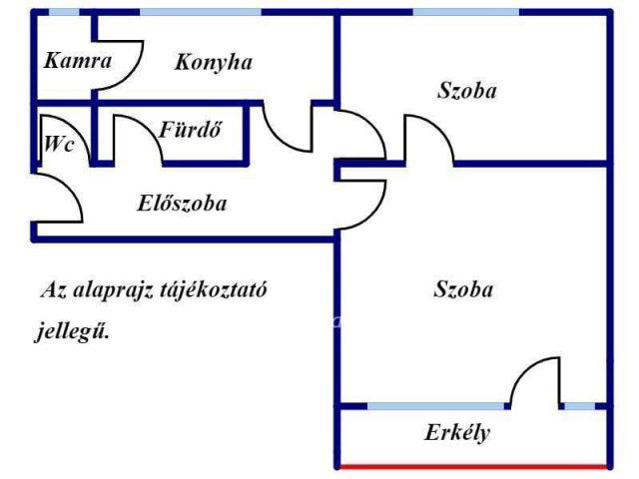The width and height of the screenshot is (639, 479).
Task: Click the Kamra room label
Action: pyautogui.click(x=78, y=60)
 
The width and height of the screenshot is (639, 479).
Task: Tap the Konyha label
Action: pyautogui.click(x=214, y=62)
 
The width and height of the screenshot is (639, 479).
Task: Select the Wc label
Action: pyautogui.click(x=57, y=143)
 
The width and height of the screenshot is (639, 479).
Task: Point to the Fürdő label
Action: pyautogui.click(x=189, y=130)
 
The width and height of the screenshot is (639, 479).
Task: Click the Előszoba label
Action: pyautogui.click(x=182, y=204)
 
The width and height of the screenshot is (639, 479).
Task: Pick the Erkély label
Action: pyautogui.click(x=458, y=434)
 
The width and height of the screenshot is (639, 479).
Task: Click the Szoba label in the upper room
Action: pyautogui.click(x=467, y=90)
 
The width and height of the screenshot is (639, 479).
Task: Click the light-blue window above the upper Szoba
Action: pyautogui.click(x=464, y=12)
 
